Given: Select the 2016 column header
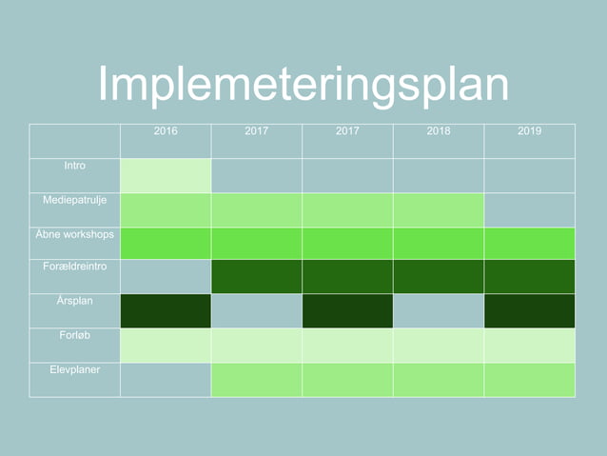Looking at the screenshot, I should coord(166,131).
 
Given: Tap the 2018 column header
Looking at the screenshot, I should coord(439,131).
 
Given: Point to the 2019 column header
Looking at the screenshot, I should coord(530,131).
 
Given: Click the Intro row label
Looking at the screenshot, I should coord(74,166).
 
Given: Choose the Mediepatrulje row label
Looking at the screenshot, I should coord(74,200).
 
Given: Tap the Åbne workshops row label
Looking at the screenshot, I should coord(74,234).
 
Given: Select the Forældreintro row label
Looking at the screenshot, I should coord(74,268).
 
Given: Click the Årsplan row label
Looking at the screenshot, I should coord(74,302).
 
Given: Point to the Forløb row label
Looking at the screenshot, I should coord(74,335).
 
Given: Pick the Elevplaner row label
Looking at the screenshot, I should coord(74,369).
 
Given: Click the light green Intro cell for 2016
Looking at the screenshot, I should coord(166,175).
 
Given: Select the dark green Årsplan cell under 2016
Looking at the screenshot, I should coord(166,311).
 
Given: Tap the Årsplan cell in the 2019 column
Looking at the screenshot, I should coord(530,311).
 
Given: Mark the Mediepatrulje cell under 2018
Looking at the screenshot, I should coord(439,209).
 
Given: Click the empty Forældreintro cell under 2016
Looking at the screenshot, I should coord(166,277).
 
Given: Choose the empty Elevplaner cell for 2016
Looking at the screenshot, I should coord(166,379).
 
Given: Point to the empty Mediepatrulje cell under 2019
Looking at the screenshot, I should coord(530,209).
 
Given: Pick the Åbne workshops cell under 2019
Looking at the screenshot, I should coord(530,244).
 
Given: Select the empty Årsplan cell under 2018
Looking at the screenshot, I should coord(439,311).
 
